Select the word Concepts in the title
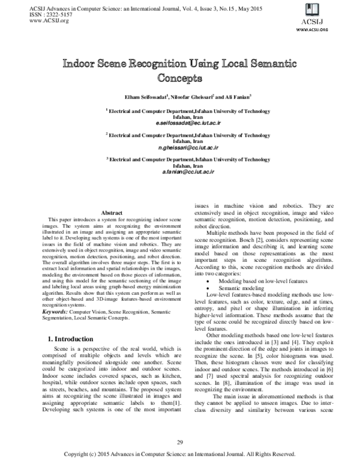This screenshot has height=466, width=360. point(179,77)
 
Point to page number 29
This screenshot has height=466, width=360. point(179,443)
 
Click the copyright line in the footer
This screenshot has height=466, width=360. point(179,454)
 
